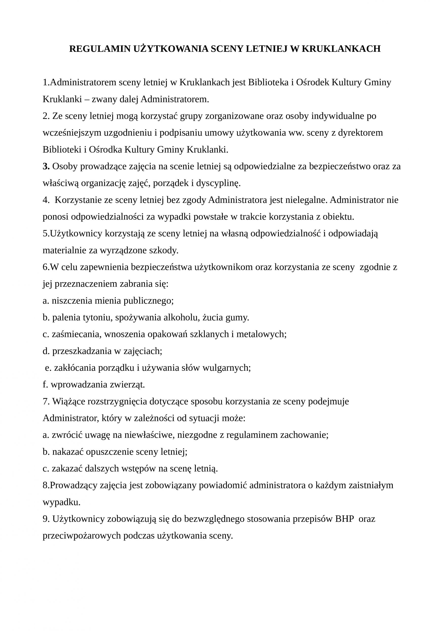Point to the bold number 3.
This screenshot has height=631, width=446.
(46, 166)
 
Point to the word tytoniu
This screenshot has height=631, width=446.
(98, 317)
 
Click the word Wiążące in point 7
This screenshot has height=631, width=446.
(69, 402)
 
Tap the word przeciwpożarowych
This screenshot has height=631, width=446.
(82, 536)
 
